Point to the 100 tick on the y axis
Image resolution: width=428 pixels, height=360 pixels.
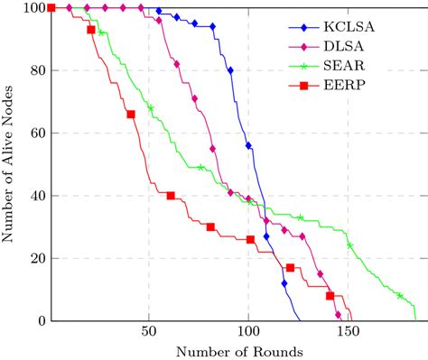click(33, 8)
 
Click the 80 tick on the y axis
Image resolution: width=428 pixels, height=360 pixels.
click(36, 70)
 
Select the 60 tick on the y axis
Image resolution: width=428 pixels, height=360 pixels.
click(36, 134)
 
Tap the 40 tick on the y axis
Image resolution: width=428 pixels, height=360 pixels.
click(36, 196)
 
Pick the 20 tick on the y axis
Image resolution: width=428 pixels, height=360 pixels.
click(36, 258)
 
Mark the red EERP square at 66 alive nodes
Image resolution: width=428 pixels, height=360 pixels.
click(131, 115)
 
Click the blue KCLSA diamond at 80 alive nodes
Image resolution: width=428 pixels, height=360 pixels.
click(230, 70)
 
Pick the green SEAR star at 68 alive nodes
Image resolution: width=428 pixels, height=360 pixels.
click(151, 108)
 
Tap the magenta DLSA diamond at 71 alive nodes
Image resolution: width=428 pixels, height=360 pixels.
click(194, 98)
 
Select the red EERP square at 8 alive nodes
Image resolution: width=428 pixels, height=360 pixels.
click(330, 296)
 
